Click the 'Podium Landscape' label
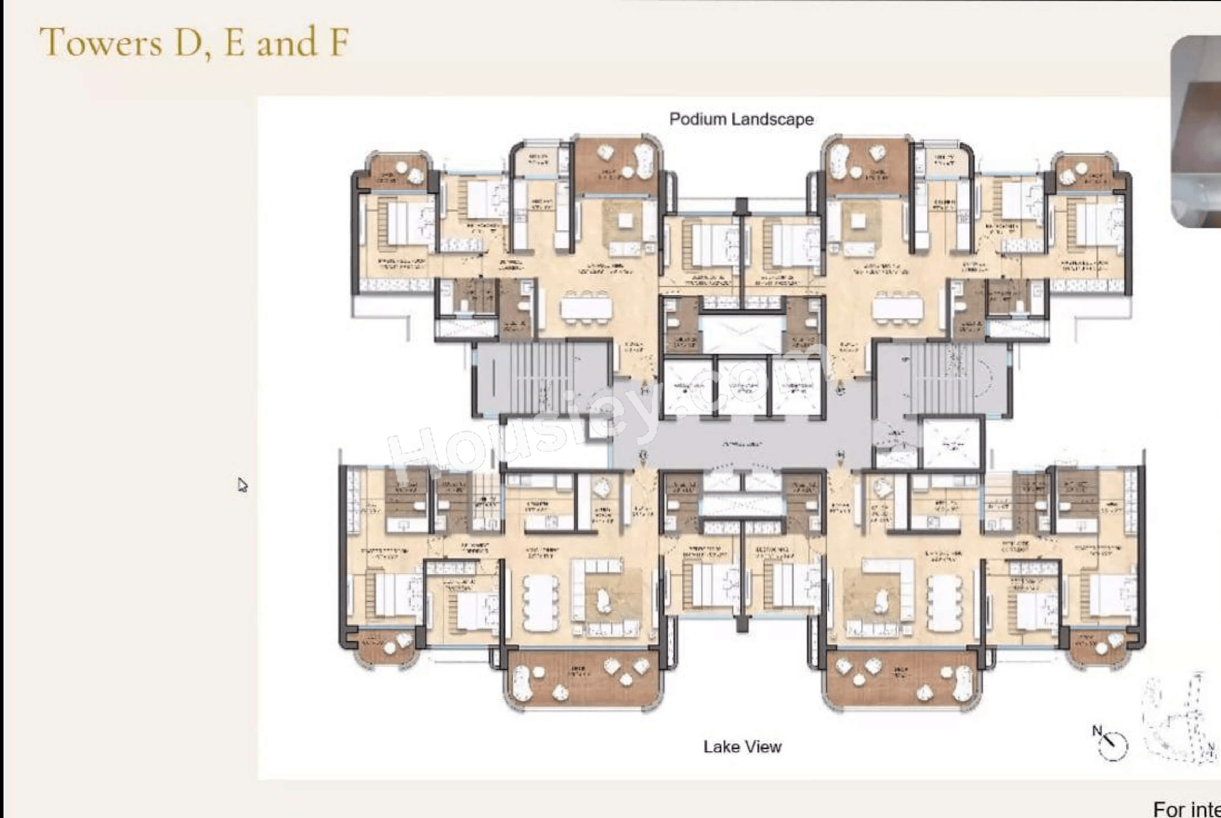(x=741, y=119)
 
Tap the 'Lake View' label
(x=742, y=747)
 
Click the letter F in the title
(x=339, y=43)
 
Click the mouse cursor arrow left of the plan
(x=242, y=485)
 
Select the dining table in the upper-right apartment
(x=898, y=308)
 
